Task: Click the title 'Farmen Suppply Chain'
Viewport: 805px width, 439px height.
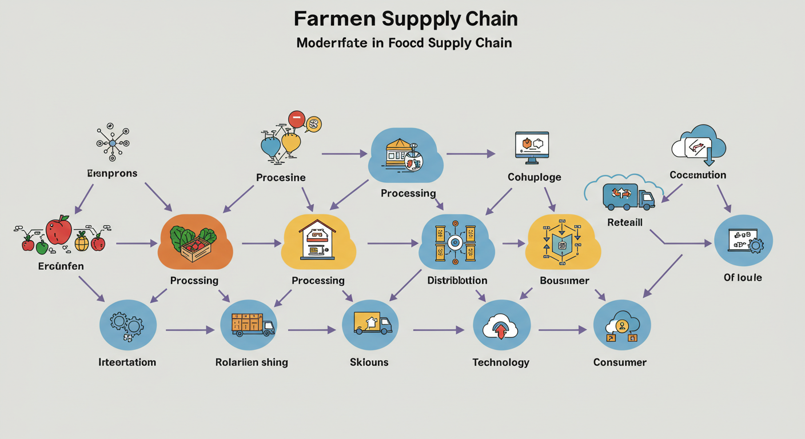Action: pos(405,19)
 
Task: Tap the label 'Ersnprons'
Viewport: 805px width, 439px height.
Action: pos(112,173)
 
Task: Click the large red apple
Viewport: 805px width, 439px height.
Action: pos(58,230)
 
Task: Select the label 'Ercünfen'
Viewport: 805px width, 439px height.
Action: pos(61,266)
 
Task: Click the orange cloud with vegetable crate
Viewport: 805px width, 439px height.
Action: pos(195,241)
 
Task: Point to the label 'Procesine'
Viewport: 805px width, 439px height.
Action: pos(281,178)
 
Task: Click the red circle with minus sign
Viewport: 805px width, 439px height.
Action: pos(296,119)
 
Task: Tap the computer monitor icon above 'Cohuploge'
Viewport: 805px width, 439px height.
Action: pos(532,145)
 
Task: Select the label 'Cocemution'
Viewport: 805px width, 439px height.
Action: pos(698,175)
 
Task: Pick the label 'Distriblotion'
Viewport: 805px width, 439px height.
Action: pos(457,281)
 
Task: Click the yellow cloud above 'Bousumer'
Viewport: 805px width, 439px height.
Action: pos(563,242)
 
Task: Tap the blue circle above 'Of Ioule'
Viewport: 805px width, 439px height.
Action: pos(744,241)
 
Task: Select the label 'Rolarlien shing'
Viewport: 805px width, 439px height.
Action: pos(252,362)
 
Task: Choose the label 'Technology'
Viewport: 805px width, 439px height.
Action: pos(501,362)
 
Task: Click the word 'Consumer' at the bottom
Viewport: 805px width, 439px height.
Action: pos(620,362)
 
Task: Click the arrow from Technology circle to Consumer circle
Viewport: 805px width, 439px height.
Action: pos(563,330)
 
